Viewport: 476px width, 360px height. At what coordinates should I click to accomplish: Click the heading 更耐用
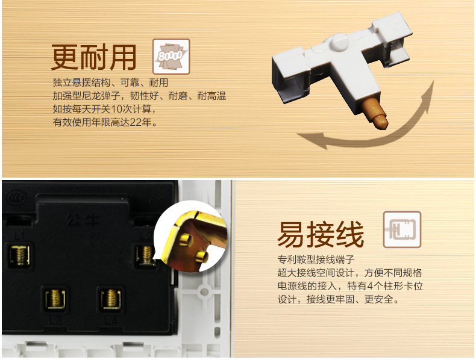94,58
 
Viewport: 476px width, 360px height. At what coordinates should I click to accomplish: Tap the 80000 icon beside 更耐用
171,57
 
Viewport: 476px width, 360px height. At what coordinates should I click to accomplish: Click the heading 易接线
321,234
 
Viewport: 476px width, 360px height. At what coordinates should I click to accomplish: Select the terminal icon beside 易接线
402,230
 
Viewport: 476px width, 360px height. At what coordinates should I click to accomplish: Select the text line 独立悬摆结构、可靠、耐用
110,83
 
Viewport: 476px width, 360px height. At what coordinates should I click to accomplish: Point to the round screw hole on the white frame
204,291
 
